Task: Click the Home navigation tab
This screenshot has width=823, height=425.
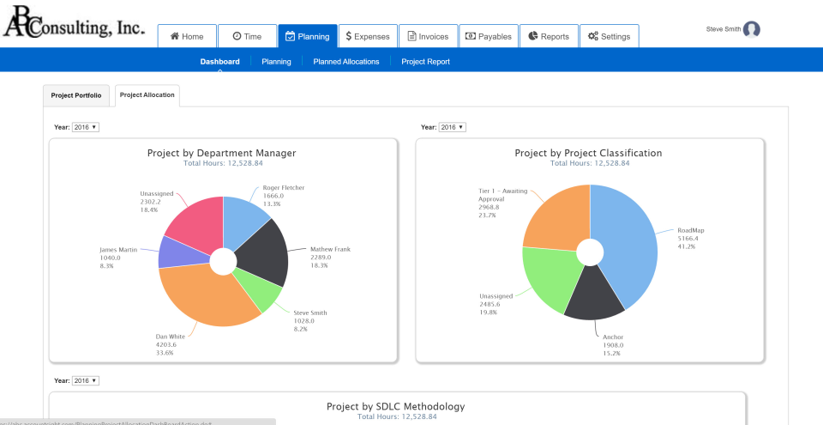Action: coord(186,36)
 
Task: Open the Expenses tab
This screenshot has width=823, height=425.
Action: coord(367,36)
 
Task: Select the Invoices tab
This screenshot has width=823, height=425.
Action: coord(428,36)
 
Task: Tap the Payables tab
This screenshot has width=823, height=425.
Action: coord(488,36)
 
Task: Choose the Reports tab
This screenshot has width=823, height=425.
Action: coord(549,36)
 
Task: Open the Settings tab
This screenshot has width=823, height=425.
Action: coord(609,36)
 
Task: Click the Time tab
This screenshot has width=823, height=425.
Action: coord(246,36)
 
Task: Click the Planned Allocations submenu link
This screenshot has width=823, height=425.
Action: coord(346,62)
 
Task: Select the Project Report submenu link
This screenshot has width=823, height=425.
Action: coord(425,62)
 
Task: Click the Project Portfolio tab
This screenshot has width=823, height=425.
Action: coord(75,95)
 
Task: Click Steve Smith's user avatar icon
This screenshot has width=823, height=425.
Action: coord(752,29)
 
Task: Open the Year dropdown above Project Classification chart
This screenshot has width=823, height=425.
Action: coord(452,127)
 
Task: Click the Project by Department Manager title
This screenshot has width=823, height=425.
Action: coord(222,153)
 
